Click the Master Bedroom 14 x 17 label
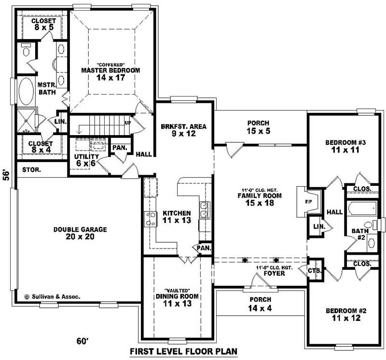(110, 73)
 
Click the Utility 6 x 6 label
(86, 160)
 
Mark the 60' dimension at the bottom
(83, 341)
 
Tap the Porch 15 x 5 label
(258, 127)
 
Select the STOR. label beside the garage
(31, 170)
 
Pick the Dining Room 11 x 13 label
(177, 300)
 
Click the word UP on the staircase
(128, 123)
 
